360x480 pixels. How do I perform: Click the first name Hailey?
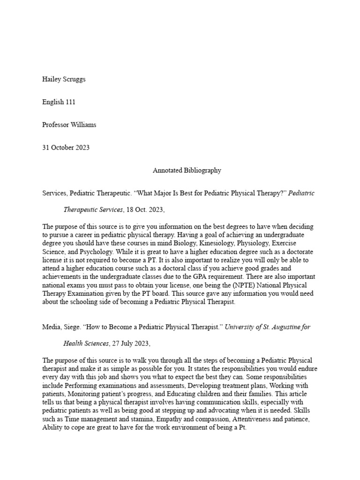click(x=52, y=79)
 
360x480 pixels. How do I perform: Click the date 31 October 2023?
click(x=66, y=148)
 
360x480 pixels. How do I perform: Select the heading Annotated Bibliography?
click(x=187, y=171)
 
